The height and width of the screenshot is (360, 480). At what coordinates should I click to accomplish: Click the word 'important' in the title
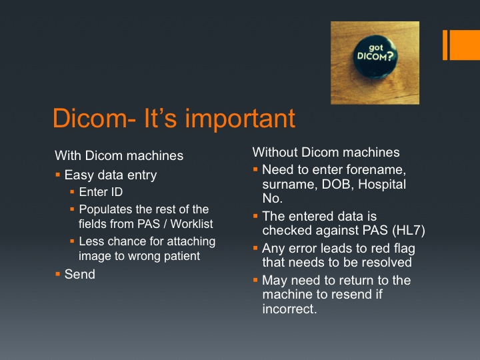click(240, 119)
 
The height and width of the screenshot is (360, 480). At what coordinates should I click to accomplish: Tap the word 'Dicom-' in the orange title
click(94, 118)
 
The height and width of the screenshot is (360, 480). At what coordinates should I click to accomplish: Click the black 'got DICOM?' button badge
click(375, 57)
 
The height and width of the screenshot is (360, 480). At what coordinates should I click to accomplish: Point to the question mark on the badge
click(389, 56)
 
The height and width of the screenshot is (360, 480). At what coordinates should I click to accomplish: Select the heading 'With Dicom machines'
click(119, 155)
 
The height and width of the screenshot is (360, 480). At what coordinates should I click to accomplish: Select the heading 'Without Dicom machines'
click(326, 152)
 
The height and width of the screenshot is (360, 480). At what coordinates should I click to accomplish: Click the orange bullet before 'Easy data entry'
click(58, 175)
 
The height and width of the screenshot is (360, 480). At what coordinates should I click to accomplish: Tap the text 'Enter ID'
click(101, 192)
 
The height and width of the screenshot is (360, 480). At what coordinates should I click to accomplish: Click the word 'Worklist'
click(191, 224)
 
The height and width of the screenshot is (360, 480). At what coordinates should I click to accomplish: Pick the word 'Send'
click(79, 274)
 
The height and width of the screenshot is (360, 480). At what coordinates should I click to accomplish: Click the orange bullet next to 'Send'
click(58, 274)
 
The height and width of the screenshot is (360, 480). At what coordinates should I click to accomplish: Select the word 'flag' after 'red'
click(404, 249)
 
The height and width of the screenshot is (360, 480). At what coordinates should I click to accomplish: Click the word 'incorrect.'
click(289, 309)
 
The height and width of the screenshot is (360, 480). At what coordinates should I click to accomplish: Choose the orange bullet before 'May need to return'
click(255, 280)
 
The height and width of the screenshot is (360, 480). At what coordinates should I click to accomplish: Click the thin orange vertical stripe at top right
click(445, 45)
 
